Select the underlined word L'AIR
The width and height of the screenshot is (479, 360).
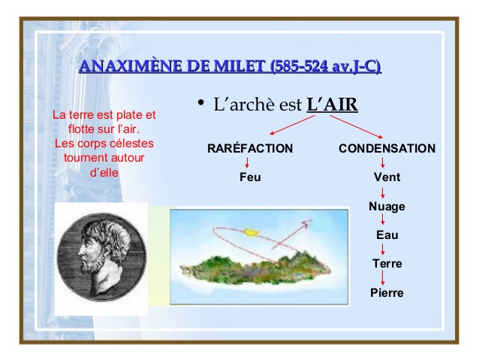click(x=332, y=104)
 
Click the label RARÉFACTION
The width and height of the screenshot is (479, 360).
click(x=250, y=148)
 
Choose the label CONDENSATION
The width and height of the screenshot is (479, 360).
click(x=387, y=148)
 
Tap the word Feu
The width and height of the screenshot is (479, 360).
click(x=250, y=177)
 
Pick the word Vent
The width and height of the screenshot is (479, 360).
click(x=387, y=177)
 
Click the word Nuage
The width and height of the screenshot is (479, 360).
click(x=387, y=207)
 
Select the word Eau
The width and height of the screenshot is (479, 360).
click(x=387, y=235)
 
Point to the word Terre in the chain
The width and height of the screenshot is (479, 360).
click(x=387, y=263)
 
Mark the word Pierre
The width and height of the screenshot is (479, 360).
click(x=387, y=292)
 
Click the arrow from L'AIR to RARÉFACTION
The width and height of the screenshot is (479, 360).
click(x=292, y=125)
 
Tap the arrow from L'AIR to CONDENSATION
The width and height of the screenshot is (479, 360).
click(x=356, y=126)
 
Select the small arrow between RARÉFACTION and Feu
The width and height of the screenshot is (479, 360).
click(x=247, y=162)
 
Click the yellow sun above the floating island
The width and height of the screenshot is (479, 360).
click(x=252, y=231)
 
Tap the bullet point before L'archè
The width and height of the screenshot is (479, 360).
click(x=200, y=102)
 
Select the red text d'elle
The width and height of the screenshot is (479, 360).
click(x=104, y=173)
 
